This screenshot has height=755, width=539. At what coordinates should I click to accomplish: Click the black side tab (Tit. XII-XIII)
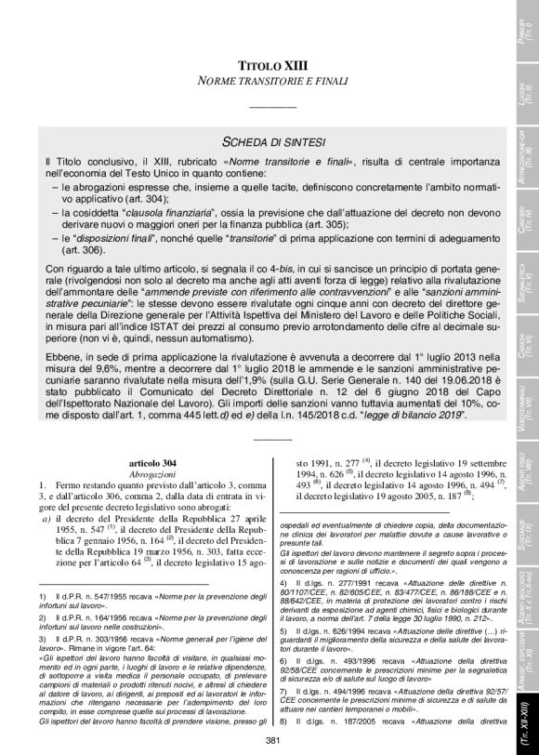coord(523,717)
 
